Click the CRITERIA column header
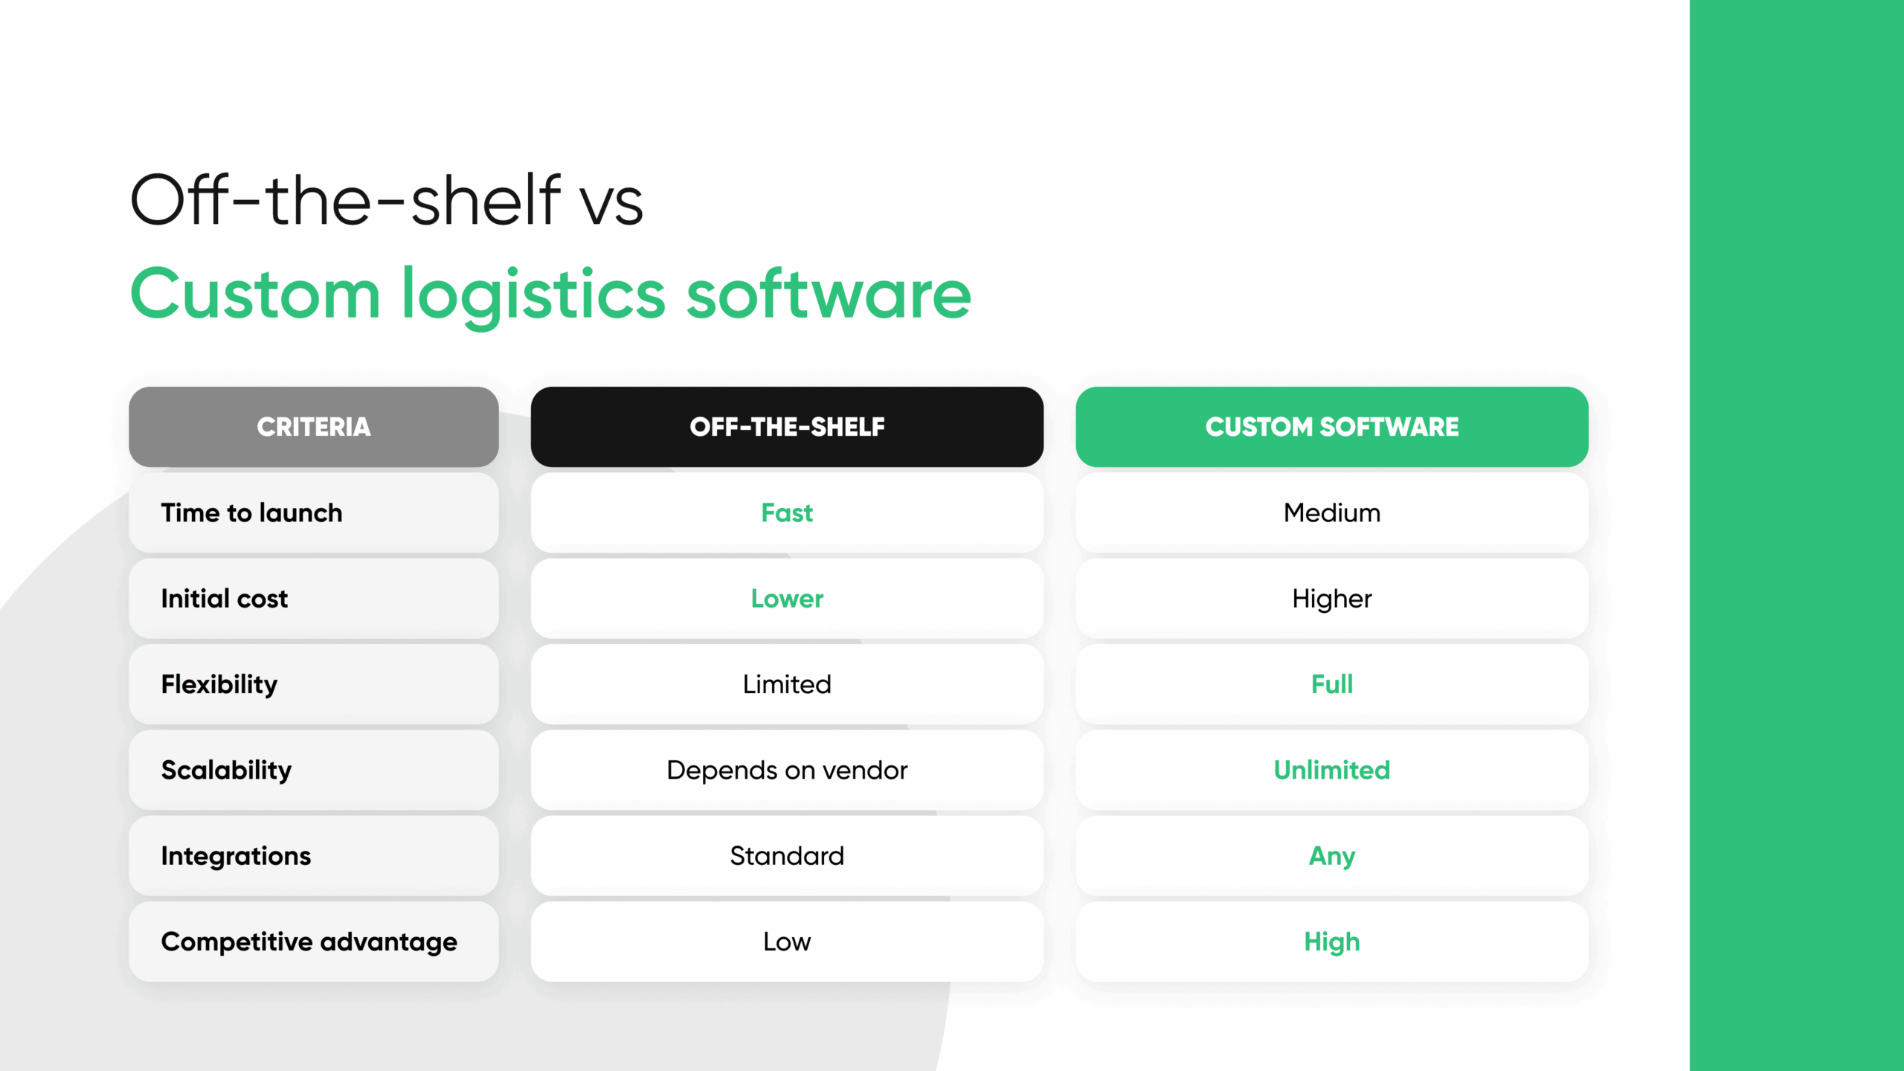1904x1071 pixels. coord(313,427)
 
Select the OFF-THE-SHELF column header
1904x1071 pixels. coord(787,427)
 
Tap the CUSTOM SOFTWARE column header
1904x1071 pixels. coord(1331,427)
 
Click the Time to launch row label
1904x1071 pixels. coord(251,513)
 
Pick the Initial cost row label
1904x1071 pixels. coord(224,599)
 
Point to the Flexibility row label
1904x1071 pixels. coord(219,685)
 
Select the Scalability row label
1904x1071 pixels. coord(226,771)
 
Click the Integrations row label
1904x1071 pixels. coord(236,857)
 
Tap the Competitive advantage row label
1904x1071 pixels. coord(309,942)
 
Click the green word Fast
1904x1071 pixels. coord(787,513)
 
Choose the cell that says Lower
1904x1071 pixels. coord(787,599)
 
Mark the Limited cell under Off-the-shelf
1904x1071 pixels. coord(787,684)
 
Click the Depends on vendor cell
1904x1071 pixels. coord(787,770)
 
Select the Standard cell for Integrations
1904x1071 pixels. coord(787,856)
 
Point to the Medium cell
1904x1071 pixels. coord(1331,513)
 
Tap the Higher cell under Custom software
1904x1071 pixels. coord(1331,599)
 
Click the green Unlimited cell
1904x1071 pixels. coord(1331,770)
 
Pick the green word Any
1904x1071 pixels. coord(1331,857)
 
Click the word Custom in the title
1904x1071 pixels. coord(255,295)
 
